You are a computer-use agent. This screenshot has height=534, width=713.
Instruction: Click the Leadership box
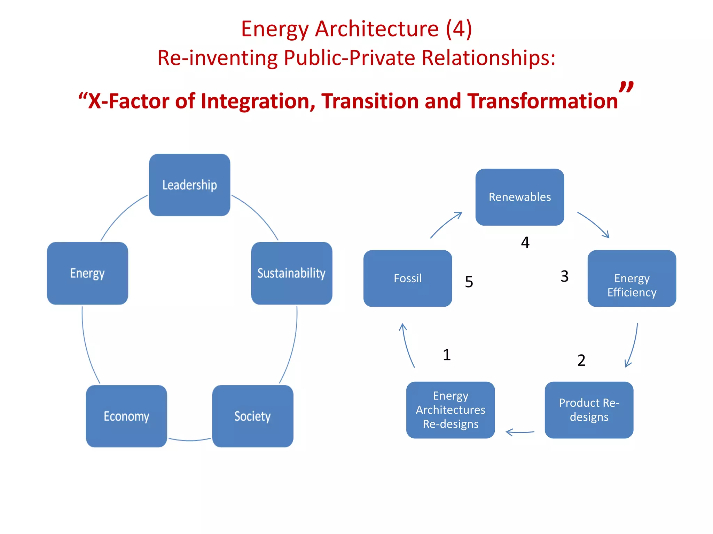(x=189, y=185)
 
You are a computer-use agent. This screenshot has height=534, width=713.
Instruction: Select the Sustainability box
(x=291, y=273)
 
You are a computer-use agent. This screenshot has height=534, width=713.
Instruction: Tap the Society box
(x=252, y=416)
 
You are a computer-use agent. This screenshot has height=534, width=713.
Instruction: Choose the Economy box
(x=126, y=416)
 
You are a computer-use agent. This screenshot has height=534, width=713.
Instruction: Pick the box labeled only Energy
(x=87, y=273)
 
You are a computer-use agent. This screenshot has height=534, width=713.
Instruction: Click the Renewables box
(x=519, y=197)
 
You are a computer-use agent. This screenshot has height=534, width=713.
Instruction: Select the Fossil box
(x=408, y=278)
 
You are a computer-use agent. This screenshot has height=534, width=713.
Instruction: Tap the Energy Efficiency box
(x=632, y=278)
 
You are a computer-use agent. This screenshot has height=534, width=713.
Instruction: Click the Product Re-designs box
(x=589, y=410)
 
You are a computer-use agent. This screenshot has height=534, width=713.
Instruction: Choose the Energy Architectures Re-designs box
(x=450, y=410)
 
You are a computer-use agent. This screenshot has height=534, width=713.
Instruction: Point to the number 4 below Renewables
(x=525, y=242)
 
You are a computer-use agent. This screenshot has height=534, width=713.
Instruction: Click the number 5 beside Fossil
(x=469, y=282)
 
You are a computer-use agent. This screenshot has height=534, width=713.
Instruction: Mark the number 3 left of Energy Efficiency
(x=564, y=276)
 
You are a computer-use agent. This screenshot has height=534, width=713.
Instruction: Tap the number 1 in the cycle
(x=447, y=355)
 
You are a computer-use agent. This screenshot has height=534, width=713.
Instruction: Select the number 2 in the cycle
(x=581, y=360)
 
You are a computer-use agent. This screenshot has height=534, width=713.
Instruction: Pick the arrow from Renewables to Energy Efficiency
(x=594, y=224)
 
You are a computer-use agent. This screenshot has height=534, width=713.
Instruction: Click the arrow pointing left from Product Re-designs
(x=520, y=432)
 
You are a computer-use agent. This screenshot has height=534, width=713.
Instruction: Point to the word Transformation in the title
(x=542, y=101)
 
